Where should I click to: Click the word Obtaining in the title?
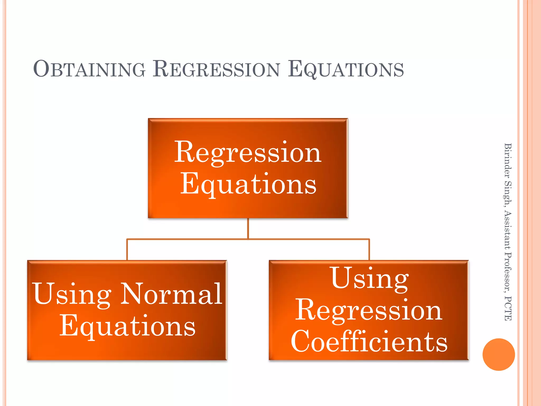point(89,69)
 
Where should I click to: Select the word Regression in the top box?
point(248,153)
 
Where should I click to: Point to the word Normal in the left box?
point(171,294)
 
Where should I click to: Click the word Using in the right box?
point(369,279)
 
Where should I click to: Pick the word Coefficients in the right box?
point(369,342)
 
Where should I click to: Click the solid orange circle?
point(498,354)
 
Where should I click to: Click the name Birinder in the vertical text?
point(508,160)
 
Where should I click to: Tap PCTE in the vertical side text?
point(508,308)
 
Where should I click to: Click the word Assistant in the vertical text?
point(508,230)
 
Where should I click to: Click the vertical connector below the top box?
point(248,229)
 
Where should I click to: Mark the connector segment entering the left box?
point(127,250)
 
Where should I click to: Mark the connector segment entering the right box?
point(369,250)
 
